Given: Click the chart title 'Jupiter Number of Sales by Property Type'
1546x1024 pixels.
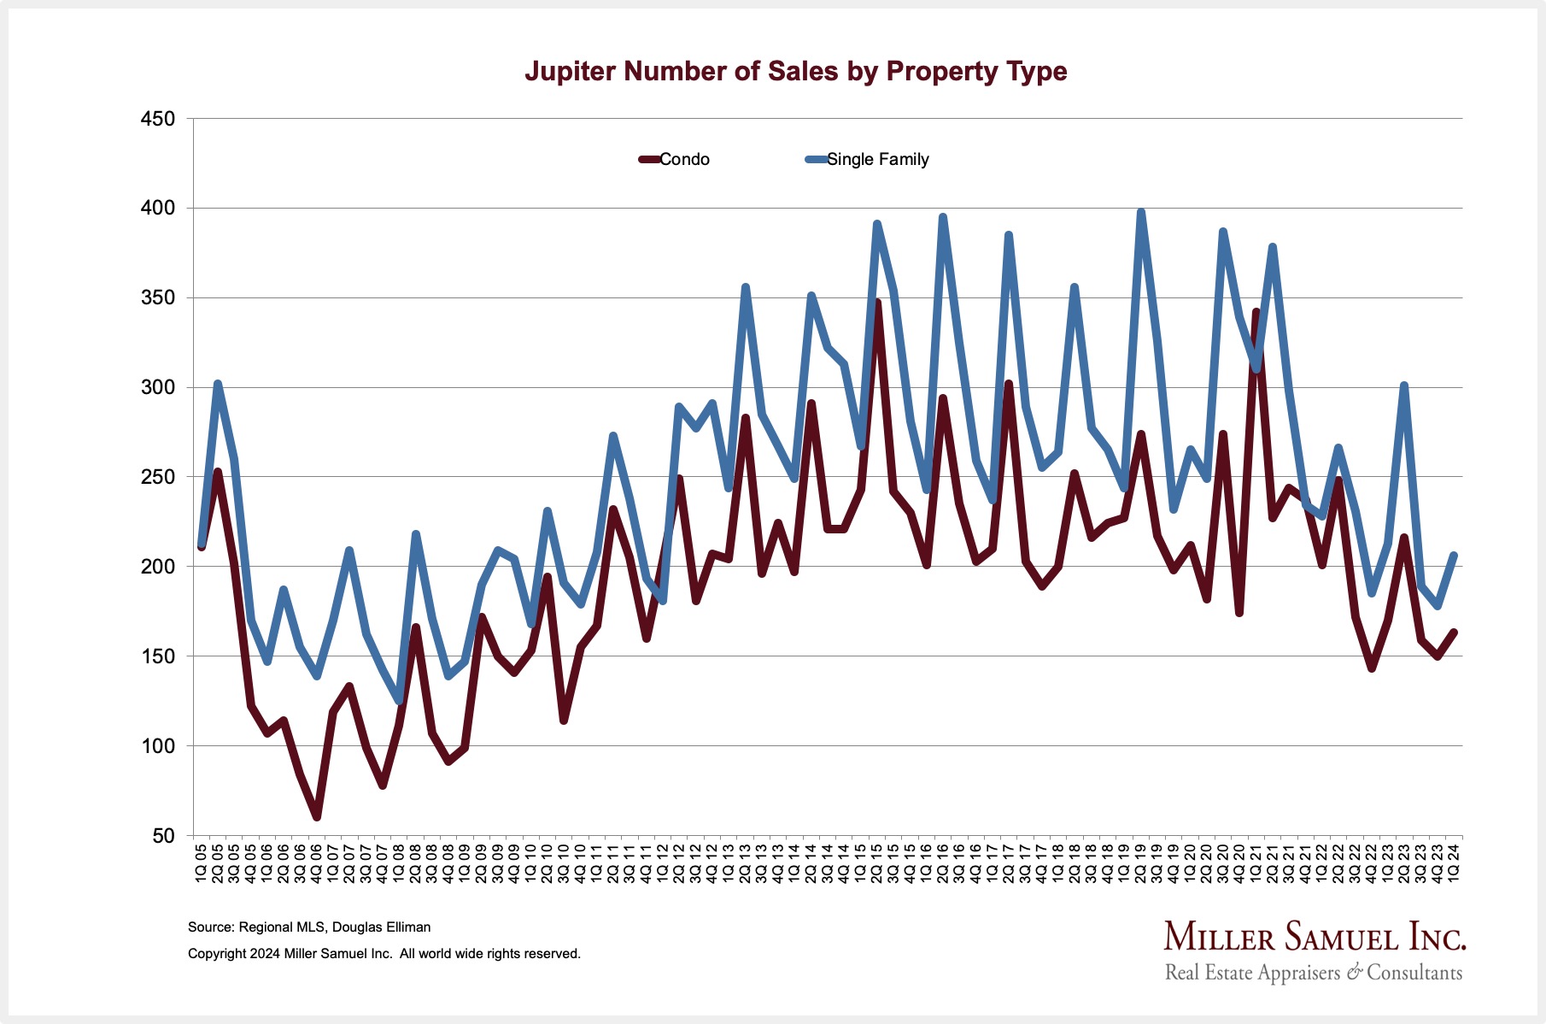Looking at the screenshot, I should (795, 71).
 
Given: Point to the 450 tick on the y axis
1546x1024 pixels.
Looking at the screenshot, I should (157, 119).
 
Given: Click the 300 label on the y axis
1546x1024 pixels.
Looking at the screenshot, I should (157, 387).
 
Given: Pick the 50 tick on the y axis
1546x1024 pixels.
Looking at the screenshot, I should (162, 836).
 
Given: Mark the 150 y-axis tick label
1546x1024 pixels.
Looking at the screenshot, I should (157, 656).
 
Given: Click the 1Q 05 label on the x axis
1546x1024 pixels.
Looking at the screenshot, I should (202, 862).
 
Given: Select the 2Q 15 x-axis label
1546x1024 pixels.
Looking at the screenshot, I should (876, 862).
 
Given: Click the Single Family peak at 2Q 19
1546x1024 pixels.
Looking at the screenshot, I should (1140, 211).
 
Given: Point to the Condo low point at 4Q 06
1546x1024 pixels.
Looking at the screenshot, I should (317, 817).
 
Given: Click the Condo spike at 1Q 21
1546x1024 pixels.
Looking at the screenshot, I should (1256, 312).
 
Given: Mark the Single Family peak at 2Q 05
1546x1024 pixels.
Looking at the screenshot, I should (218, 384).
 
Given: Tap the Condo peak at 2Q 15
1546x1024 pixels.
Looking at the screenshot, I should (876, 303).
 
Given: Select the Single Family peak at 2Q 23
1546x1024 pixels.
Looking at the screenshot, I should (1403, 386).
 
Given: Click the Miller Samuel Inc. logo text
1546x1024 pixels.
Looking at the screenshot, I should (1315, 938).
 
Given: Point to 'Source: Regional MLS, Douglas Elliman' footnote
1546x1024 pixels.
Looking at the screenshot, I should (309, 927).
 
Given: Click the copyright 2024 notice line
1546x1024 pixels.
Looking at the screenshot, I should (384, 954).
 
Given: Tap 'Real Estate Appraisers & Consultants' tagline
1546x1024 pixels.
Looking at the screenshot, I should (1314, 973).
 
